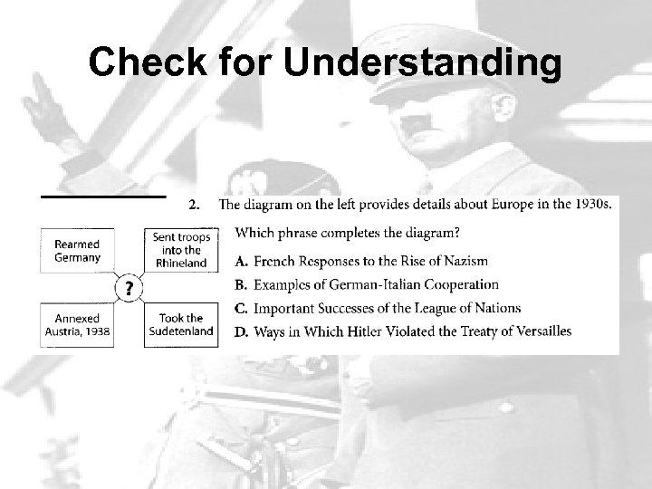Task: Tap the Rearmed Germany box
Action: click(77, 250)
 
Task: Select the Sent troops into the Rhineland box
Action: click(181, 250)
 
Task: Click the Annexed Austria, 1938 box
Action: click(77, 324)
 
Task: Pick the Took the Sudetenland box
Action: click(181, 324)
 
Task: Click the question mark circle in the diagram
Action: click(130, 288)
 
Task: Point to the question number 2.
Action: click(193, 205)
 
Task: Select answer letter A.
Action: click(242, 262)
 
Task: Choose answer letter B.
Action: click(242, 285)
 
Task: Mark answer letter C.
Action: click(242, 309)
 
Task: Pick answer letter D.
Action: click(242, 331)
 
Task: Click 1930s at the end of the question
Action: click(592, 204)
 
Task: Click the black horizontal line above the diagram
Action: click(103, 195)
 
